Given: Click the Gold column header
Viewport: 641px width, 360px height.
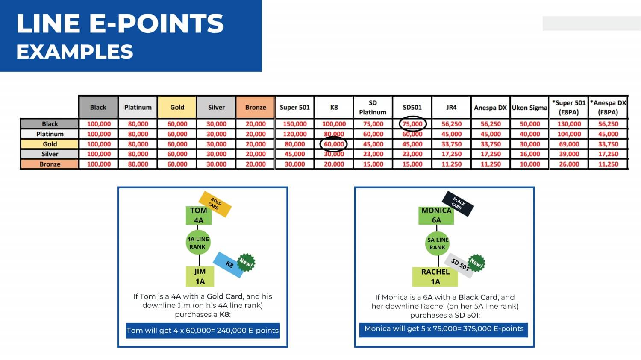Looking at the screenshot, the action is pyautogui.click(x=177, y=107).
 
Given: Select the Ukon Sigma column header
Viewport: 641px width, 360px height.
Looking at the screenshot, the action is pyautogui.click(x=529, y=108).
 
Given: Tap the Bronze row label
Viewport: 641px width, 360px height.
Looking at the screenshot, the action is pyautogui.click(x=50, y=164).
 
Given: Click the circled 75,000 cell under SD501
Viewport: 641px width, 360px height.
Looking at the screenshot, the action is pyautogui.click(x=412, y=124).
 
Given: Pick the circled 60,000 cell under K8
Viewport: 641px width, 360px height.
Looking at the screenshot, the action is pyautogui.click(x=334, y=144).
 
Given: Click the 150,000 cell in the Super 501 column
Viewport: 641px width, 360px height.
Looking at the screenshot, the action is pyautogui.click(x=295, y=124).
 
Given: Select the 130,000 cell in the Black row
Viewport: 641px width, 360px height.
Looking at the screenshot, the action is pyautogui.click(x=569, y=124).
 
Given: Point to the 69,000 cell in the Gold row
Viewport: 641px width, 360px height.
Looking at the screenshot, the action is pyautogui.click(x=569, y=144).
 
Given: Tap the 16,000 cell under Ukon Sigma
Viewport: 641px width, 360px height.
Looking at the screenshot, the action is pyautogui.click(x=530, y=154).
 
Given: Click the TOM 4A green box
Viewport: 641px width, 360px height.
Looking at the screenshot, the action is pyautogui.click(x=199, y=215).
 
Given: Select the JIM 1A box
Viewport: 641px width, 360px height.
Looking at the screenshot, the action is pyautogui.click(x=200, y=276).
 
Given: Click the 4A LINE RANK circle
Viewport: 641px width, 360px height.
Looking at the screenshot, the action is pyautogui.click(x=198, y=243).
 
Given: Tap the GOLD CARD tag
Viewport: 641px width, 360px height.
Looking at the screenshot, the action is pyautogui.click(x=215, y=204).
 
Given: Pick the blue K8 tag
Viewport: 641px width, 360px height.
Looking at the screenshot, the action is pyautogui.click(x=228, y=265).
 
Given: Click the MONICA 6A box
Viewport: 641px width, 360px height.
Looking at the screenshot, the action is pyautogui.click(x=436, y=215).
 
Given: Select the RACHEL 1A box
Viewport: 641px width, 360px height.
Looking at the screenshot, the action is pyautogui.click(x=435, y=277).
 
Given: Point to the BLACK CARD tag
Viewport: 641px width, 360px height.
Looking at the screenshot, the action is pyautogui.click(x=458, y=204).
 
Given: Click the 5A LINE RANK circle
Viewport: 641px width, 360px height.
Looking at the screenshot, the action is pyautogui.click(x=437, y=243).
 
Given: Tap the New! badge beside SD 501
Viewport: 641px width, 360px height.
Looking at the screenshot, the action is pyautogui.click(x=476, y=263).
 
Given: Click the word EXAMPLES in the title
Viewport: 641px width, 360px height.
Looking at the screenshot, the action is pyautogui.click(x=75, y=52).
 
